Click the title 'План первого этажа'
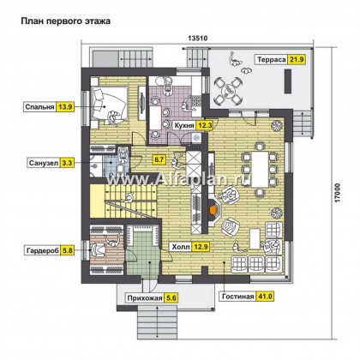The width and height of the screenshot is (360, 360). (65, 21)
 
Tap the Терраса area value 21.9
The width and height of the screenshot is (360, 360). (297, 59)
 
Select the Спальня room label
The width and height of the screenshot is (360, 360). (39, 107)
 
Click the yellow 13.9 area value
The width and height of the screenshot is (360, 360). (65, 107)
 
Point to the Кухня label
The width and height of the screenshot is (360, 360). (184, 125)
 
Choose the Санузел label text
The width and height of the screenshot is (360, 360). (44, 163)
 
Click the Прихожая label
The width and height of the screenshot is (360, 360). (145, 298)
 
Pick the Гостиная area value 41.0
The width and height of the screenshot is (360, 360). (265, 297)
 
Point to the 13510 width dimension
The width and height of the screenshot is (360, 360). (197, 38)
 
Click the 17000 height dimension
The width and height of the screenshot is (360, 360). (338, 193)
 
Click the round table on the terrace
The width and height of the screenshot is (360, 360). (228, 91)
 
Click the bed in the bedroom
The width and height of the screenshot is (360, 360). (109, 106)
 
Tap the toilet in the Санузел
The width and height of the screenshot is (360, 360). (121, 169)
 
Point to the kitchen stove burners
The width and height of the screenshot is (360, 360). (195, 100)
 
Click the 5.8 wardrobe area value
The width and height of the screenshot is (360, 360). (68, 250)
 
